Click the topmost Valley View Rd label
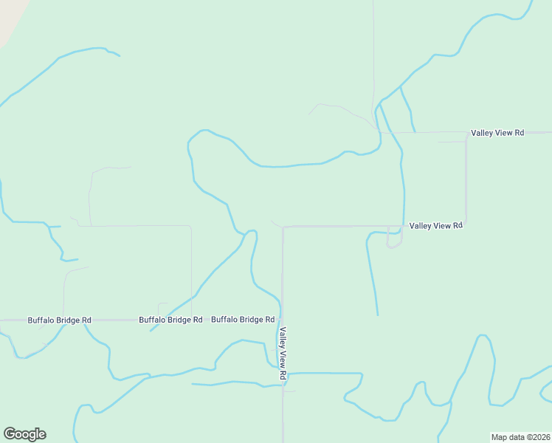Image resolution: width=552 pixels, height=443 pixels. (497, 133)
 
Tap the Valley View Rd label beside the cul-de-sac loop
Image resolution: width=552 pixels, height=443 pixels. (435, 225)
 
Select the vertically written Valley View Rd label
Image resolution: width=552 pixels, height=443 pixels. (283, 354)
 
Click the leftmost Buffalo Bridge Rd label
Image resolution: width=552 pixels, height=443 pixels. (59, 320)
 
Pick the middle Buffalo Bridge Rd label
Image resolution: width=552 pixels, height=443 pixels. (170, 320)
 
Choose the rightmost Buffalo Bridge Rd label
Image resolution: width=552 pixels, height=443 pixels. (243, 320)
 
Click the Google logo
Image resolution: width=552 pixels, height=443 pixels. (24, 434)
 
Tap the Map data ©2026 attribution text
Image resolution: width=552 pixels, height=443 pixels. (520, 437)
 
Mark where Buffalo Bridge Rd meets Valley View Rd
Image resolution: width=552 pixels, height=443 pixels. (282, 320)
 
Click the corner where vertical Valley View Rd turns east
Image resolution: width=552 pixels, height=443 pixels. (283, 227)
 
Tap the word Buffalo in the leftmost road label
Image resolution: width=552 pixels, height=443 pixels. (41, 320)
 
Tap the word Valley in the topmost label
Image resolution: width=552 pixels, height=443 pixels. (483, 133)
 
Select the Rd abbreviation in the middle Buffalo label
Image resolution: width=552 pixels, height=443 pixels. (197, 320)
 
